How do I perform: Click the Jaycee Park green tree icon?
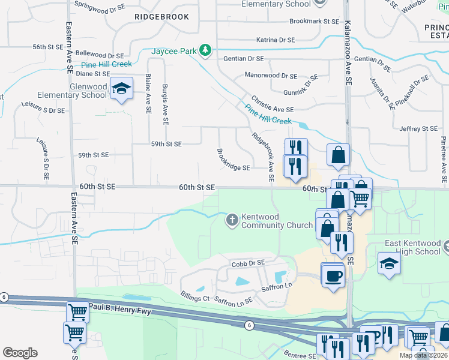[206, 50]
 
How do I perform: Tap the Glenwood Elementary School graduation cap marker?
[122, 89]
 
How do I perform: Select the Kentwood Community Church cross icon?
[232, 220]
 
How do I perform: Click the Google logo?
[20, 353]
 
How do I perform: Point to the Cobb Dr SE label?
[248, 263]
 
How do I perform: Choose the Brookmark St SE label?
[314, 21]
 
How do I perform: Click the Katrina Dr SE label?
[276, 40]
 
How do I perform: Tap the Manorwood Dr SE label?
[271, 76]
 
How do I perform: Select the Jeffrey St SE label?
[418, 128]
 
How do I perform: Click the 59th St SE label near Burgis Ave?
[166, 144]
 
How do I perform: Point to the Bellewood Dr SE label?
[98, 55]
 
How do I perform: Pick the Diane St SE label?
[92, 74]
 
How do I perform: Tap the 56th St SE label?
[48, 47]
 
